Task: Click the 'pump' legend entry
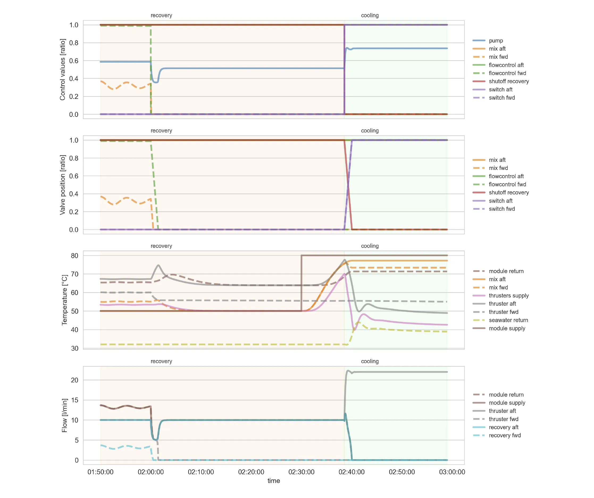(x=496, y=41)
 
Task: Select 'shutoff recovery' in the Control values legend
(x=509, y=81)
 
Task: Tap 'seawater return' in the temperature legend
(x=508, y=320)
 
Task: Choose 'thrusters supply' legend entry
(x=509, y=296)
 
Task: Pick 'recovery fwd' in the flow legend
(x=505, y=436)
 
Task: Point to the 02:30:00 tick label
(x=301, y=472)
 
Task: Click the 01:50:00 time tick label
(x=101, y=472)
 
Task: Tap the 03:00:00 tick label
(x=452, y=472)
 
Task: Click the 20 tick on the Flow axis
(x=74, y=380)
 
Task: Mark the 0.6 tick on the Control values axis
(x=74, y=61)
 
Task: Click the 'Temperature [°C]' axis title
(x=65, y=300)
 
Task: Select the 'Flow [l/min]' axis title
(x=65, y=415)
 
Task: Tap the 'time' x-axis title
(x=274, y=481)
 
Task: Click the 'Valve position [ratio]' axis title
(x=62, y=185)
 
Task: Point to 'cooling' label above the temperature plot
(x=370, y=246)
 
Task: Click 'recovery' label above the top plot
(x=161, y=15)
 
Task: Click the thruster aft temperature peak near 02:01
(x=158, y=265)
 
